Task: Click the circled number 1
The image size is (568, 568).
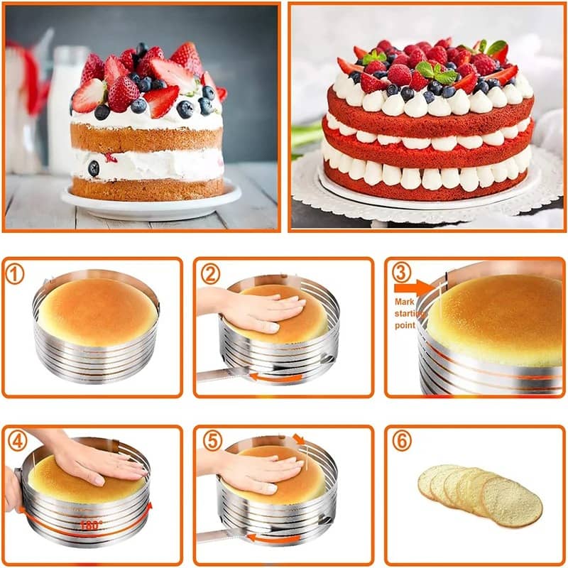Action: [15, 274]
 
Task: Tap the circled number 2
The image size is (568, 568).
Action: [210, 274]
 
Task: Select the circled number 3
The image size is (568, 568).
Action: [402, 273]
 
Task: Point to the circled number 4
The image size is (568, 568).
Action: [17, 441]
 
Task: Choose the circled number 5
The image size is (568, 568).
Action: [212, 441]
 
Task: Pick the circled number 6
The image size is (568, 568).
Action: [402, 441]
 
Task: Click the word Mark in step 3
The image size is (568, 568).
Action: [405, 302]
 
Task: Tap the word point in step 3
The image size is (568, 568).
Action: [405, 325]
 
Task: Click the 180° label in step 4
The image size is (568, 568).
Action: [92, 525]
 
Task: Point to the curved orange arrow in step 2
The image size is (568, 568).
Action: [276, 378]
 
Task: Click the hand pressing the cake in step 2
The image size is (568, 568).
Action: [253, 309]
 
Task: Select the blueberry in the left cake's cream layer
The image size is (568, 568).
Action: [94, 168]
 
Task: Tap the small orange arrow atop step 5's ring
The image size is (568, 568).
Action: [299, 439]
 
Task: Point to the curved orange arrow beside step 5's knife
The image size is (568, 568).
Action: [274, 538]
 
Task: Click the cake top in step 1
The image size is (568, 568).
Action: [98, 310]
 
